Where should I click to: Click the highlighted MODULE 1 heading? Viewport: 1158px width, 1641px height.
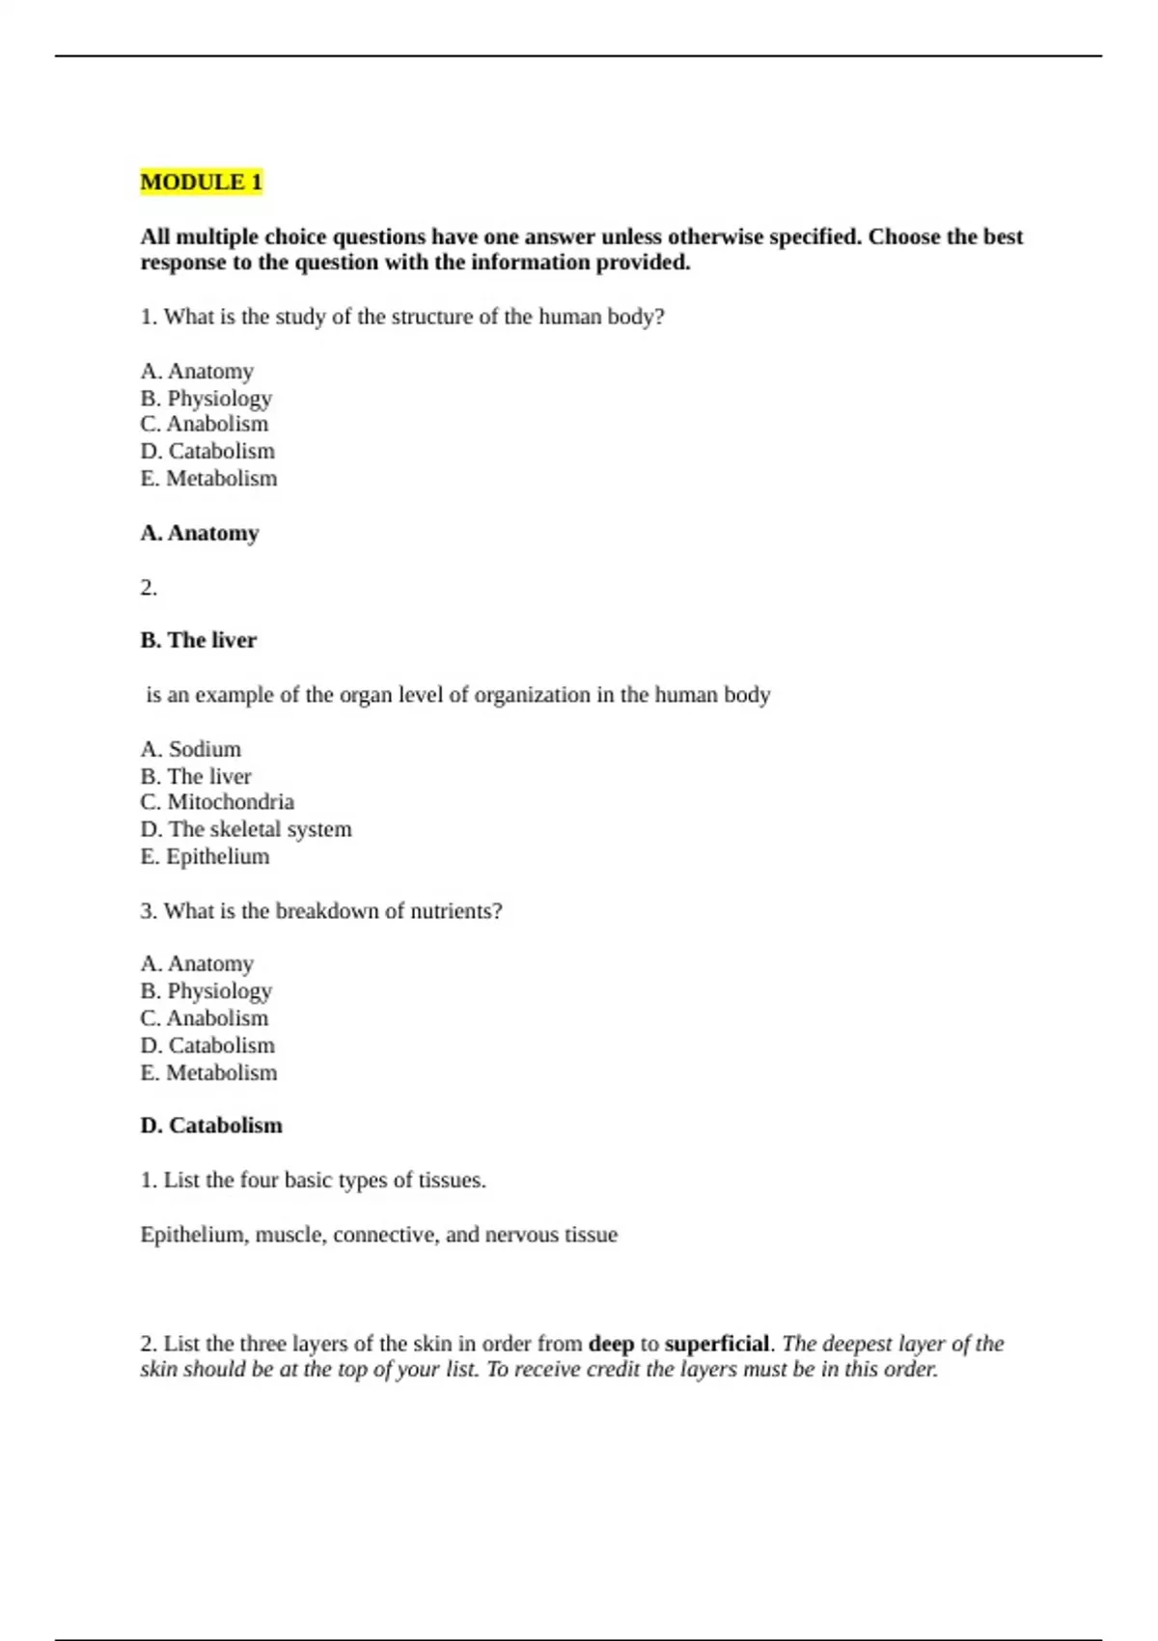(201, 181)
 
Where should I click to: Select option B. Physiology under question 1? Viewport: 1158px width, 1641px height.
(206, 398)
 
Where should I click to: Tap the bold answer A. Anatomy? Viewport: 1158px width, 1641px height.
(200, 533)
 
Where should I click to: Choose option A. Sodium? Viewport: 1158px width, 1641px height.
(191, 749)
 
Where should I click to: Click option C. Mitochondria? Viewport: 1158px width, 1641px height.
(217, 802)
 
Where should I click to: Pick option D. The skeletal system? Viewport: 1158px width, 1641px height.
(246, 829)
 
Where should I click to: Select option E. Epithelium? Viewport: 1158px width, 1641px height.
(205, 856)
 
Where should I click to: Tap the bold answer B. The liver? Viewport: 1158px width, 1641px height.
(199, 640)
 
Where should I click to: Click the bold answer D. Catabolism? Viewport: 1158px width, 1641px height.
(211, 1126)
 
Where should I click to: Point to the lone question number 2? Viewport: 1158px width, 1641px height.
(149, 588)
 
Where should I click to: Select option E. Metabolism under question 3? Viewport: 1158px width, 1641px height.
(208, 1072)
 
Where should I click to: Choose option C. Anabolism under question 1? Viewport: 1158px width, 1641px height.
(205, 424)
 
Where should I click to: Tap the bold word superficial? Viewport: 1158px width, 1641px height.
(717, 1344)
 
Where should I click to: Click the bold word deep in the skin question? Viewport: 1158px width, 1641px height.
(611, 1344)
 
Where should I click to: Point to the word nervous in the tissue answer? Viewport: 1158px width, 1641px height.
(523, 1235)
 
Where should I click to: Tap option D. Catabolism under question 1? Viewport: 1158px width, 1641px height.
(207, 451)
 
